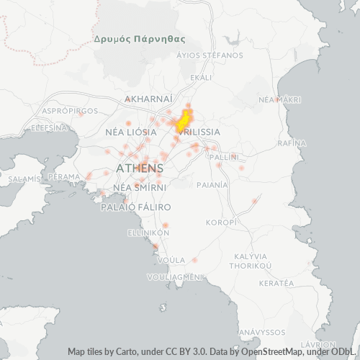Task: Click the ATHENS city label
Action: [135, 168]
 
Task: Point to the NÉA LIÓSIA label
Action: [131, 132]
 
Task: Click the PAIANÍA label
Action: [212, 184]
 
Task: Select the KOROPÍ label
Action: [221, 222]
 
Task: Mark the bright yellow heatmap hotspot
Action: [184, 120]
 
